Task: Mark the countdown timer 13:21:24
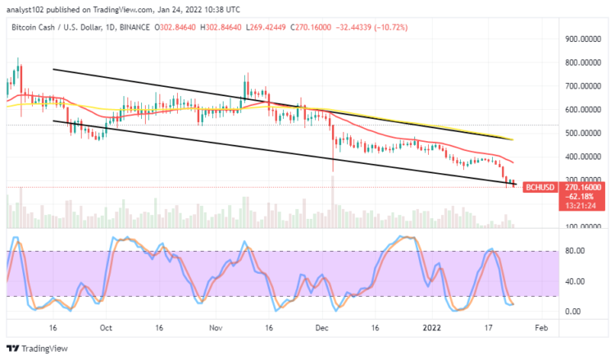click(584, 206)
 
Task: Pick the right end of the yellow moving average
click(513, 139)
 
